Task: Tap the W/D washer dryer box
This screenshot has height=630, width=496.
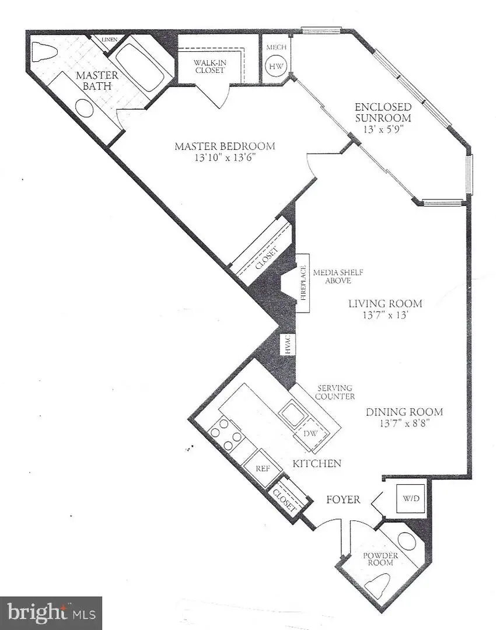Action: pos(407,499)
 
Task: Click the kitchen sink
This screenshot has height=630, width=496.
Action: pos(292,415)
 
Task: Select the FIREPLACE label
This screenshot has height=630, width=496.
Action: pos(303,283)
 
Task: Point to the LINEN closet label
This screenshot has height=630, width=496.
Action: pos(109,40)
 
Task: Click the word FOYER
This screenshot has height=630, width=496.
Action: pos(343,499)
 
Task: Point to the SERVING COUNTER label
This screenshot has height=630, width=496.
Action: pos(335,392)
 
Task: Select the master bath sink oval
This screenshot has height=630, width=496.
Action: pos(86,109)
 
